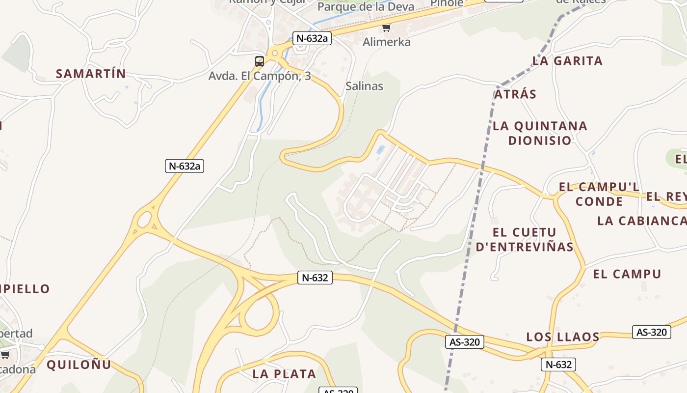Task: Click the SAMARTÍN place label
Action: [x=91, y=74]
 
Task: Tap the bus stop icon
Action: [x=260, y=61]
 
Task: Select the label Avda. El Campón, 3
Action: [x=260, y=76]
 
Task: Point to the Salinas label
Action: [x=364, y=86]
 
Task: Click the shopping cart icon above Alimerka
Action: [x=387, y=28]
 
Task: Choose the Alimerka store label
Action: [x=386, y=42]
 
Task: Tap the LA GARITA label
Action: [x=567, y=61]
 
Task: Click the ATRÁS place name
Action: [x=515, y=94]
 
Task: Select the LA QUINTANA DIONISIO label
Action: [x=540, y=133]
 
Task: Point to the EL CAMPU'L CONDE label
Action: [x=599, y=194]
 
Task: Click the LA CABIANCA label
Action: [x=641, y=221]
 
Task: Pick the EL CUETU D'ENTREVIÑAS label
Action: [x=525, y=239]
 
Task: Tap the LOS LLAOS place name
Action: [x=563, y=337]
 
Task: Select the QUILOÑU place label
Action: [x=79, y=365]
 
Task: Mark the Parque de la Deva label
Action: [x=366, y=7]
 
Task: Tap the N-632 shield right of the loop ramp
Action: [x=315, y=278]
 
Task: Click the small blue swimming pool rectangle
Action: [x=380, y=149]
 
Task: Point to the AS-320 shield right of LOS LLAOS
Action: [x=651, y=332]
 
